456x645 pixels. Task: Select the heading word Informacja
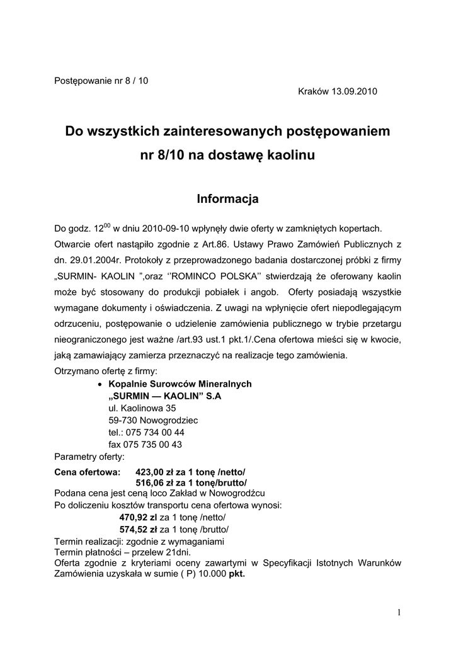[x=227, y=199]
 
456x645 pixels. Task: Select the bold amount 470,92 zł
[x=138, y=517]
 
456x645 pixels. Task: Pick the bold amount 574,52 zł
[x=138, y=528]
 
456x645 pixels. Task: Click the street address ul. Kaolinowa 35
[x=142, y=408]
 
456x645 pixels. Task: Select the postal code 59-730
[x=122, y=420]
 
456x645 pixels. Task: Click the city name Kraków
[x=314, y=91]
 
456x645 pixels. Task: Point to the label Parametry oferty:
[x=89, y=456]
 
